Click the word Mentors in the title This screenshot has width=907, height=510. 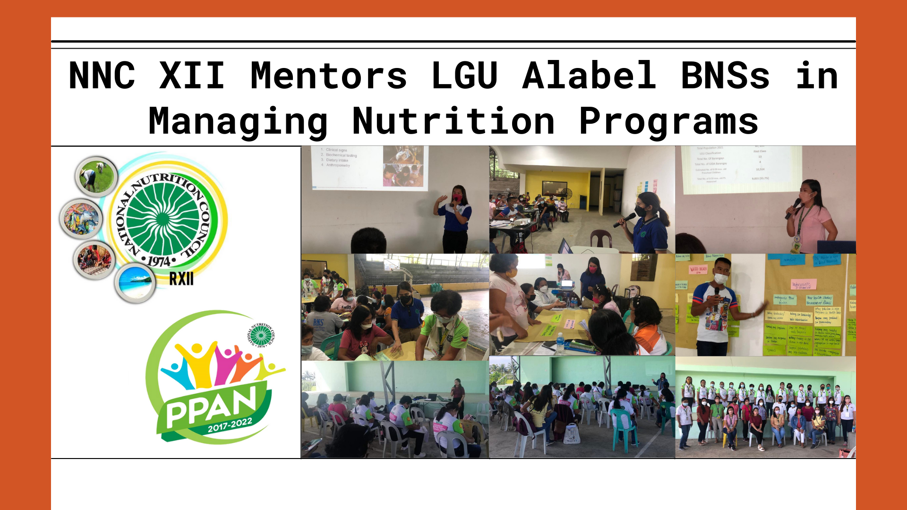328,76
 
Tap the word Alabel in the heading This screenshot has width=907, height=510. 589,76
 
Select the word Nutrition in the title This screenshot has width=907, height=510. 453,121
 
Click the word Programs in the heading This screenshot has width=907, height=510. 668,121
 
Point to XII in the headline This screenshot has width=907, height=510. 192,76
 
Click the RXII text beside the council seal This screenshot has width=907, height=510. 181,279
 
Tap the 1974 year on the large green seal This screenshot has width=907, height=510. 159,261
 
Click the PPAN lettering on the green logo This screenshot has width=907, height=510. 211,405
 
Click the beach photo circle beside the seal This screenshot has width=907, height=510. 136,282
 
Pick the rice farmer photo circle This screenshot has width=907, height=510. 96,176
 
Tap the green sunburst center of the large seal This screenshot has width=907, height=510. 163,219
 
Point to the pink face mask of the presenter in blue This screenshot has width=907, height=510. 457,198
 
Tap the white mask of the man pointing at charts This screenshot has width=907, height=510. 720,279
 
